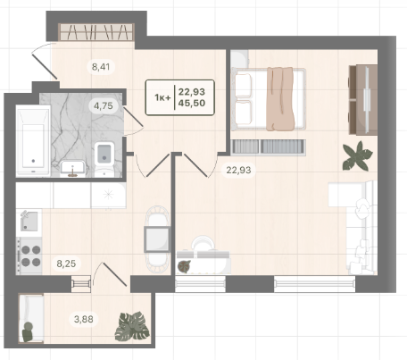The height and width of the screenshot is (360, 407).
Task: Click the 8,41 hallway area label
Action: pos(101,67)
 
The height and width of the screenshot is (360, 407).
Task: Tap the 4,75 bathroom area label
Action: pos(104,105)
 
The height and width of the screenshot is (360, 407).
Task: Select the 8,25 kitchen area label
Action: pos(66,264)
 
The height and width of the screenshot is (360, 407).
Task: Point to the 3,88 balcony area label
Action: pos(84,319)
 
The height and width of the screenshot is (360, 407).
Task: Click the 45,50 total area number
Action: pos(192,103)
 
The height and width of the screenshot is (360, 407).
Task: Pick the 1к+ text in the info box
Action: pos(162,97)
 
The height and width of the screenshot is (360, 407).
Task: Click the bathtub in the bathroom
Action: pos(33,141)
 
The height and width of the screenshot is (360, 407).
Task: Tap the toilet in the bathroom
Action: pos(104,159)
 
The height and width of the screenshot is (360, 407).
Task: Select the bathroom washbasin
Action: pos(72,168)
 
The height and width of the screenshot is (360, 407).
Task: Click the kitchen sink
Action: pos(29,221)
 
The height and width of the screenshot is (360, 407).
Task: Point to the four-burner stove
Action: pos(29,255)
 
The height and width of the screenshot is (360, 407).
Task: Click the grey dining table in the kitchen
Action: pos(157,239)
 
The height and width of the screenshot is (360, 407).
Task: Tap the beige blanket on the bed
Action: pos(280,99)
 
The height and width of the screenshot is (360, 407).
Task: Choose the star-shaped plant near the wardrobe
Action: pos(357,156)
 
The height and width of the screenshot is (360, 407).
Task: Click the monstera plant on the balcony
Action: pos(132,326)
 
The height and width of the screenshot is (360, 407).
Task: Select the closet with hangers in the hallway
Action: pos(96,32)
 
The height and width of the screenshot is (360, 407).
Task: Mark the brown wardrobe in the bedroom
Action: pos(363,99)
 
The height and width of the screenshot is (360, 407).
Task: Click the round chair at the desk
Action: pos(203,244)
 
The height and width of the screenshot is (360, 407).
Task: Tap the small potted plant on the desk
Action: pos(184,266)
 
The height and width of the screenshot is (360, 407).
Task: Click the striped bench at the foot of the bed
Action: pos(269,147)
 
